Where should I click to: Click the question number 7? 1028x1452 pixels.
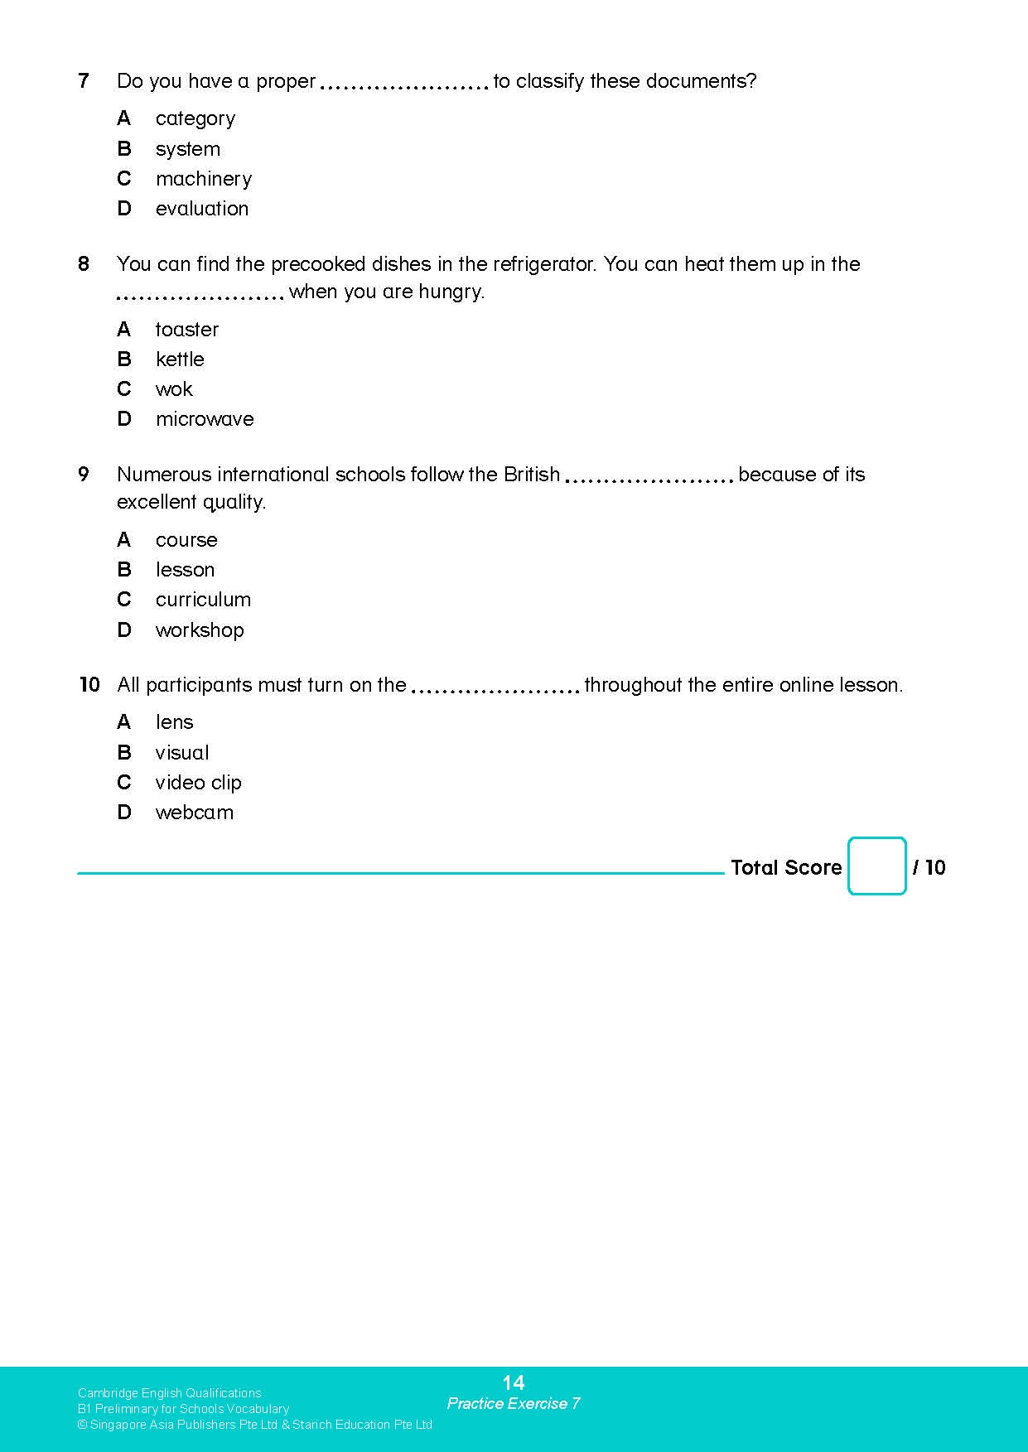83,81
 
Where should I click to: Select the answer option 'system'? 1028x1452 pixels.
187,149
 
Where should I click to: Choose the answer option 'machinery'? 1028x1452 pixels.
203,179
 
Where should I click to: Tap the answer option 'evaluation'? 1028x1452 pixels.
201,209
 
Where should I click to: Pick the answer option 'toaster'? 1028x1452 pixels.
186,330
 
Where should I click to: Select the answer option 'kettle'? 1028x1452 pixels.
180,359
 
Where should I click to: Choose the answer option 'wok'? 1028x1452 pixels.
174,389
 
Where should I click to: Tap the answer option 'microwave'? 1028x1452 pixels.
205,419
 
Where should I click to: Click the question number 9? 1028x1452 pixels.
83,475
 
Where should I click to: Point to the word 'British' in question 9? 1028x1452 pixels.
532,475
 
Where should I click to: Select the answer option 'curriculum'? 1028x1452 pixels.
203,600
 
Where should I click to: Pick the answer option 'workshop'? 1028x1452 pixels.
200,630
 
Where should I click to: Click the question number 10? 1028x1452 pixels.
89,685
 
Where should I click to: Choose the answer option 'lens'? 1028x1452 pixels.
174,722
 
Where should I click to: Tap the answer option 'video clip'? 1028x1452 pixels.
198,783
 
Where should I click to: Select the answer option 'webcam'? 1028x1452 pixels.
194,813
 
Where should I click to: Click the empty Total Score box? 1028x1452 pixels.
876,866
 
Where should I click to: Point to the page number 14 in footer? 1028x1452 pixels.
514,1382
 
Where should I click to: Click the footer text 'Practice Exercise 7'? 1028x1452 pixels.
514,1403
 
